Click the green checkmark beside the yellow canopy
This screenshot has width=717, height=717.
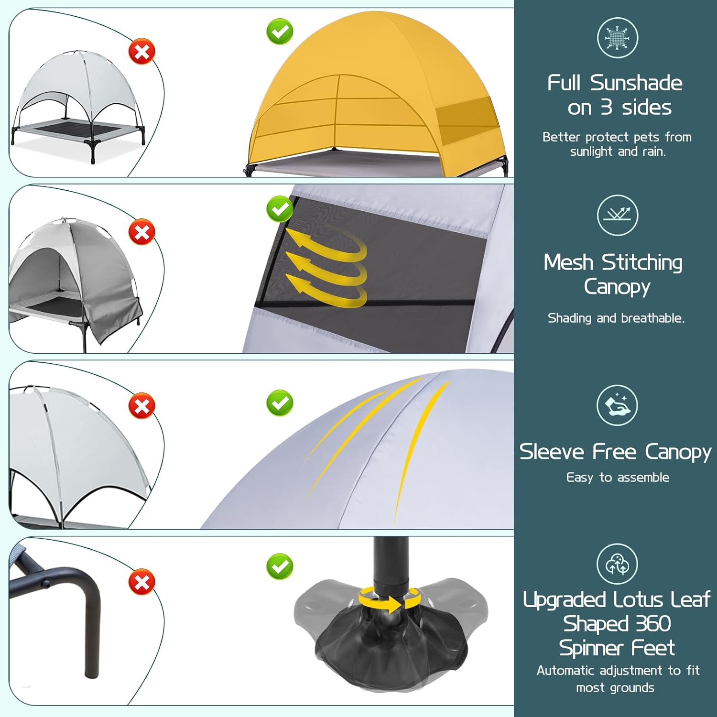[280, 32]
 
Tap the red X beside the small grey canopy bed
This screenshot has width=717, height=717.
[142, 51]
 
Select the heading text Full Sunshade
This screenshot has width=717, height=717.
[615, 83]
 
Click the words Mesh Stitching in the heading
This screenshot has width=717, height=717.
[613, 262]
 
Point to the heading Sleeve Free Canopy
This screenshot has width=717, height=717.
[615, 452]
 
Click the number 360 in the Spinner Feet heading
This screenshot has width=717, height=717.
[653, 623]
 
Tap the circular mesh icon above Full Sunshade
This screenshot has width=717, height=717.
[618, 38]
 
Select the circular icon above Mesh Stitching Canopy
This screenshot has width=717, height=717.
[618, 215]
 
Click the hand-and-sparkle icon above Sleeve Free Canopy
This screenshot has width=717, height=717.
[618, 405]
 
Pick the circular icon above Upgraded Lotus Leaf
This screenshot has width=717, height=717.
[618, 564]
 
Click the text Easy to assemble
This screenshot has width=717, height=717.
[618, 477]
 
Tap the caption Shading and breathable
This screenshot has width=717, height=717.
[616, 318]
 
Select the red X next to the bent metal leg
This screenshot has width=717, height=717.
[142, 582]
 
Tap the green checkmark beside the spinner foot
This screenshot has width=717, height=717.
[280, 566]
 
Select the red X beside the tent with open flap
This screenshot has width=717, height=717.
[142, 232]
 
